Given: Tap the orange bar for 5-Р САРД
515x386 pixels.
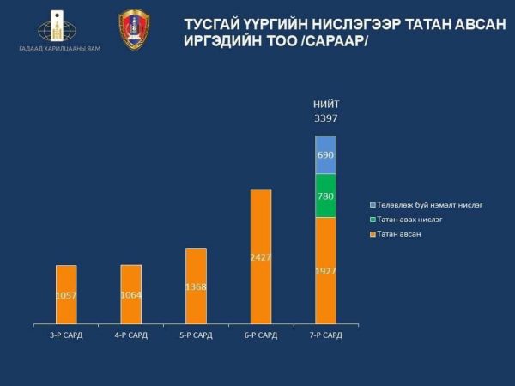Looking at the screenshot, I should pyautogui.click(x=196, y=274).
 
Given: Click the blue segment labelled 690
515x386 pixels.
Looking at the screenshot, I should pyautogui.click(x=325, y=154).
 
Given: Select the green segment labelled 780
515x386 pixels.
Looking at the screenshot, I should pyautogui.click(x=325, y=196).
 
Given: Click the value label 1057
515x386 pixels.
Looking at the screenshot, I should pyautogui.click(x=66, y=296).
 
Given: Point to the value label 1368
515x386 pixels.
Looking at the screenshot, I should pyautogui.click(x=196, y=286).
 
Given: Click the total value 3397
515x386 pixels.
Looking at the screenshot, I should pyautogui.click(x=325, y=119).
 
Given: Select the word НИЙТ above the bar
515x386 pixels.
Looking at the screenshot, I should pyautogui.click(x=325, y=106).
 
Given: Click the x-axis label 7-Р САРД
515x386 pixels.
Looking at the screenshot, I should pyautogui.click(x=325, y=335).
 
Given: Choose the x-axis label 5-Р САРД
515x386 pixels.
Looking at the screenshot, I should pyautogui.click(x=196, y=335).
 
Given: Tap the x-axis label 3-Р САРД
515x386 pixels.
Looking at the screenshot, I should pyautogui.click(x=66, y=335).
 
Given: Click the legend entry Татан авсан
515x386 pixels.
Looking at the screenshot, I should pyautogui.click(x=397, y=233).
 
